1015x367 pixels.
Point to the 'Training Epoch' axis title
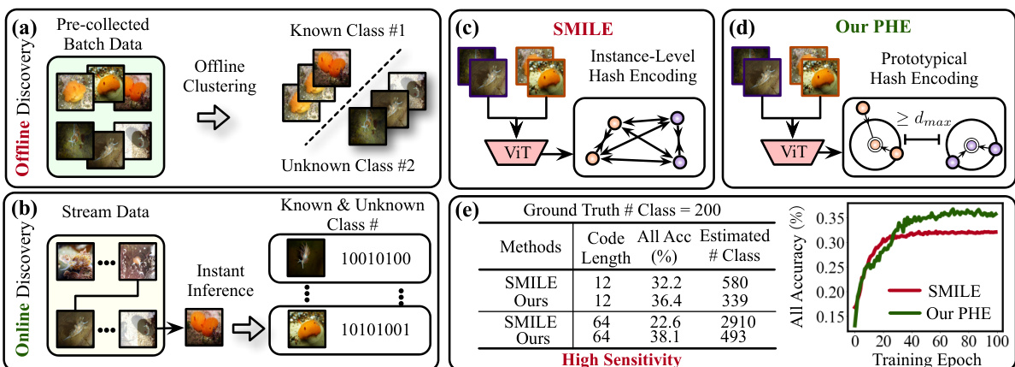click(x=925, y=358)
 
